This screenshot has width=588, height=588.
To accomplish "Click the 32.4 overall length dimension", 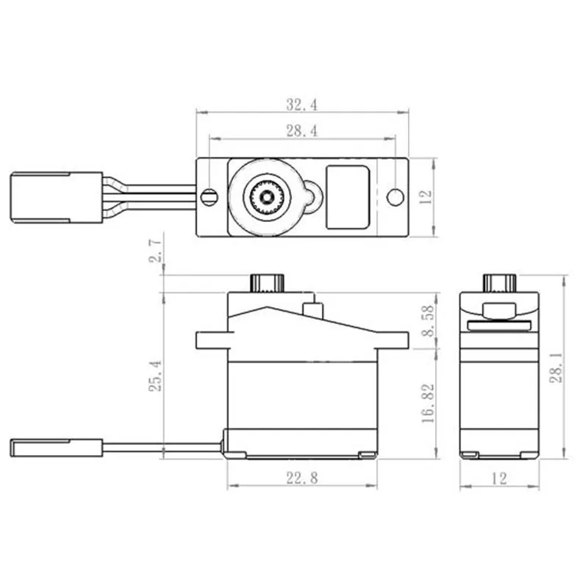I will point(301,105).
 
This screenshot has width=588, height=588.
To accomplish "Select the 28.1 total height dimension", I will point(556,365).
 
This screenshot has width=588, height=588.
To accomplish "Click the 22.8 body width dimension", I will point(301,478).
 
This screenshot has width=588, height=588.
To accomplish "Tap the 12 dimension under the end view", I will point(499,478).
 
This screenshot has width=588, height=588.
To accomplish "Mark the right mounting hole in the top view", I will point(396,196).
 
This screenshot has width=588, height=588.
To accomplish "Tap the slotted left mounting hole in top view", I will point(210,196).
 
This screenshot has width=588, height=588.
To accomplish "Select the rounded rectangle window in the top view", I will point(347,196).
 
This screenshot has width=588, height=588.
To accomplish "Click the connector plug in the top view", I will point(56,196).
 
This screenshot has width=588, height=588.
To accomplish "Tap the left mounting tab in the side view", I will point(211,340).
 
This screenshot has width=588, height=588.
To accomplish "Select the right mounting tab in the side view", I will point(392,340).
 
